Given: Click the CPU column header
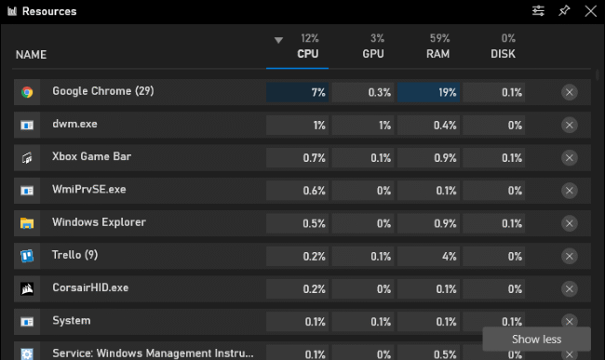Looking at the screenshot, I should (308, 54).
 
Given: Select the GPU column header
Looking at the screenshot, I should (373, 54).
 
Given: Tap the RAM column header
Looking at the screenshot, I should (438, 54).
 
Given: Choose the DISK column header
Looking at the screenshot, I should (503, 54).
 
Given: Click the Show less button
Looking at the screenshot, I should (536, 339).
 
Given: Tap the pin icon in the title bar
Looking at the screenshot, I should (563, 11).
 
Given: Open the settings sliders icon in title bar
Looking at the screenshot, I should (538, 11).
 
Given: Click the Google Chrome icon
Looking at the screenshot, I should (27, 92).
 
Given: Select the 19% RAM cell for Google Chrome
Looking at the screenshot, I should (429, 92).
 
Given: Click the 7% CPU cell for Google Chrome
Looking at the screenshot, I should (298, 92).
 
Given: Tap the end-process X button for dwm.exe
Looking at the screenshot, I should (570, 125).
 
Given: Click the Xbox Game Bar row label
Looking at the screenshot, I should (91, 157).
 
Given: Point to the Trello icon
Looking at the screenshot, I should (27, 255).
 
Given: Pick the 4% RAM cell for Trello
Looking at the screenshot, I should (429, 255).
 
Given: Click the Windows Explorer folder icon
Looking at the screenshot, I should (27, 222).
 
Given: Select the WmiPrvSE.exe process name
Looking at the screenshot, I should (88, 190).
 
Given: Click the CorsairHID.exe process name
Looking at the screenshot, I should (90, 287).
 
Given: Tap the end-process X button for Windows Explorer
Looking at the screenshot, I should (570, 222).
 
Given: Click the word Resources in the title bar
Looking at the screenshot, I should (49, 11).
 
